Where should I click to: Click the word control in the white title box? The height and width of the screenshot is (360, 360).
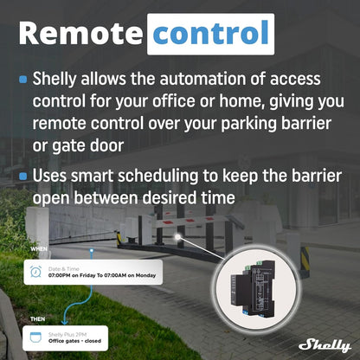[x=210, y=34]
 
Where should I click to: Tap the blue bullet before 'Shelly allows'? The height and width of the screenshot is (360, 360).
[x=22, y=80]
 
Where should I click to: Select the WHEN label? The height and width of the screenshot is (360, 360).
[x=39, y=248]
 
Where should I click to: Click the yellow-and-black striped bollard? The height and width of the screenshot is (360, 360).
[x=305, y=257]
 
